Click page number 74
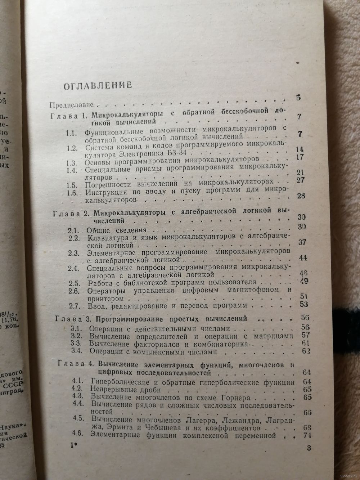tap(307, 435)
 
